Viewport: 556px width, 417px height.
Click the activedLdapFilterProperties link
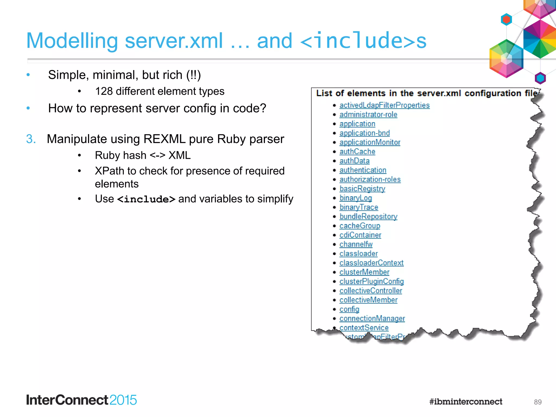(384, 105)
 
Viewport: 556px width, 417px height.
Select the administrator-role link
(368, 115)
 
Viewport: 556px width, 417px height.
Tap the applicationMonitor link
(370, 142)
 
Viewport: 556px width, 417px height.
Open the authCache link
(357, 151)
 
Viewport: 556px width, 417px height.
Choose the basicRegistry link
(362, 189)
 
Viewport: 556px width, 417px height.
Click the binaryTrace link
(359, 207)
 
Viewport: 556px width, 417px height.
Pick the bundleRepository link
(368, 216)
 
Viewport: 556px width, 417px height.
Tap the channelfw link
(356, 244)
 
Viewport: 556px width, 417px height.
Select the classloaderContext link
(371, 263)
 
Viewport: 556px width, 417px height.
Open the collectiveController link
(371, 290)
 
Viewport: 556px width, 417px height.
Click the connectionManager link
(372, 318)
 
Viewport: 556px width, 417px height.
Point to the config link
(349, 309)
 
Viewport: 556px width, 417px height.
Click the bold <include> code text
(146, 199)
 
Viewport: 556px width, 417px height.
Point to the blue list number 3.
(31, 139)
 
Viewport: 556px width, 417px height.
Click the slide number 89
(538, 402)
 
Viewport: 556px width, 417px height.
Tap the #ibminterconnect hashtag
(466, 402)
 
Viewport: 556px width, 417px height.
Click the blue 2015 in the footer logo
(123, 400)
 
